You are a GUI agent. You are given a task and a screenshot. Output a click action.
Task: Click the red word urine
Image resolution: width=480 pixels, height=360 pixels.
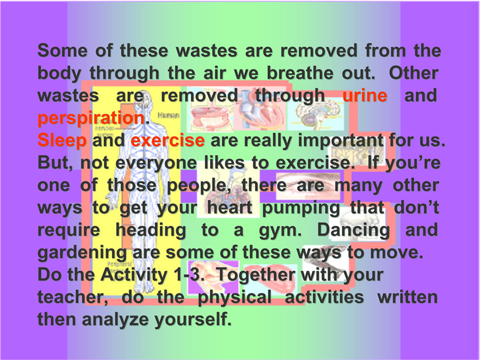click(364, 95)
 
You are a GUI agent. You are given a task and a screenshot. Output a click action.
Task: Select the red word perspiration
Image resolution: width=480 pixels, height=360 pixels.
click(91, 119)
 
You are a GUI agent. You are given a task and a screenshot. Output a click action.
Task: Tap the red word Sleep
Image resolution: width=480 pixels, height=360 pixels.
click(62, 141)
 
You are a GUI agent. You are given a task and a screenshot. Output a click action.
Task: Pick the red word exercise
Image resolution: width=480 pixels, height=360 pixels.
click(168, 140)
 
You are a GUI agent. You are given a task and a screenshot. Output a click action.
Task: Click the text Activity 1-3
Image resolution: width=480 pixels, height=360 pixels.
click(152, 275)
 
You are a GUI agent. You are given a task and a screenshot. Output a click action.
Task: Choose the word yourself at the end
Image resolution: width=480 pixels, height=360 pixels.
click(193, 320)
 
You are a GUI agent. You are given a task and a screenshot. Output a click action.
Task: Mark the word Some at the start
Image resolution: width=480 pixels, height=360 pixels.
click(62, 51)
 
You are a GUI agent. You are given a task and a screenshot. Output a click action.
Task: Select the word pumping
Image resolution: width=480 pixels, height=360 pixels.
click(301, 208)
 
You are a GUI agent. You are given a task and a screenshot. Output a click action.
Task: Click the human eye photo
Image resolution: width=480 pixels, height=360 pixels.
click(308, 185)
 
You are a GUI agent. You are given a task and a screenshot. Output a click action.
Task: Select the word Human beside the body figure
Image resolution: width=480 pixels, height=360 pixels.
click(168, 116)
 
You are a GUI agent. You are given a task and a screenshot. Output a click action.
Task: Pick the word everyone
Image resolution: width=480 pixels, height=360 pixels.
click(156, 163)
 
